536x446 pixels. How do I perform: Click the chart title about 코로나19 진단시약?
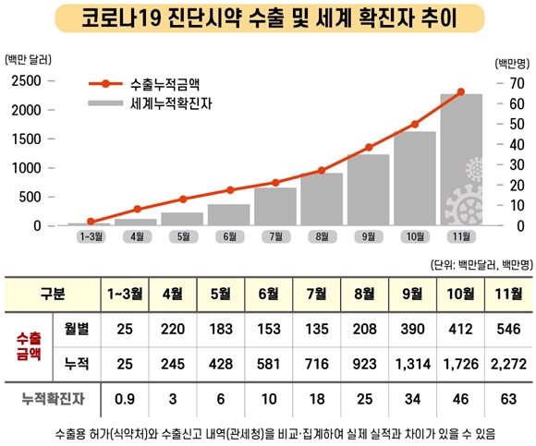[x=267, y=18]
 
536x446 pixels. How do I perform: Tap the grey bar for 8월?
[x=322, y=199]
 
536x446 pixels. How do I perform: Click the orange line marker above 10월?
[x=415, y=124]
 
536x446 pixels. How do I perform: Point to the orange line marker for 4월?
[x=137, y=210]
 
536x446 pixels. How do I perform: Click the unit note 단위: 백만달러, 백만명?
[x=480, y=266]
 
